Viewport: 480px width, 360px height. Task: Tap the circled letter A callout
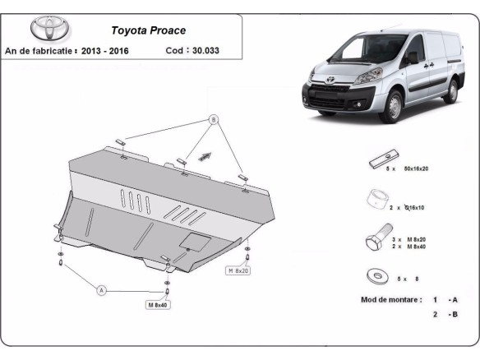102,289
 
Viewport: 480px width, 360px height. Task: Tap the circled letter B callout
215,119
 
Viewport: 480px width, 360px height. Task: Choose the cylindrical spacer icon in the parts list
377,200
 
